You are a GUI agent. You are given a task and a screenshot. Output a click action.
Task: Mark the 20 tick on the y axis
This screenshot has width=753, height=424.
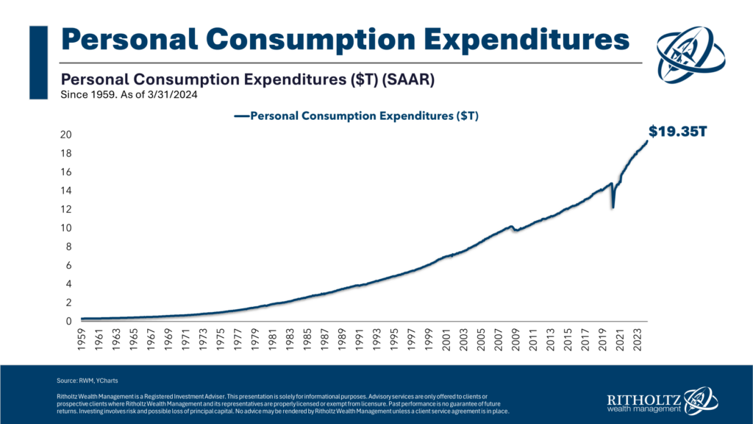click(x=66, y=135)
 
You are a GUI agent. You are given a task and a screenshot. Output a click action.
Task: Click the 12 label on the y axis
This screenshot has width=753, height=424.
click(x=66, y=209)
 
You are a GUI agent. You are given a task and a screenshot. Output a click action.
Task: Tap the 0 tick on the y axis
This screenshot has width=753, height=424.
click(x=68, y=322)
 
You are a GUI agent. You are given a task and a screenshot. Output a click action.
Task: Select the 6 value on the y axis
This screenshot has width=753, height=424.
click(x=68, y=266)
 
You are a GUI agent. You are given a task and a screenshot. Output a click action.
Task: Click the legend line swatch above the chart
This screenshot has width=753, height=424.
click(x=242, y=116)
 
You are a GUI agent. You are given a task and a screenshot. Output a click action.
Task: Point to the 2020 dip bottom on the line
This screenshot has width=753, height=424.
click(x=613, y=209)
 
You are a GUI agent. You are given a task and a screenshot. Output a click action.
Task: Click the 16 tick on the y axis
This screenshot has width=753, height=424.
click(x=66, y=172)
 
